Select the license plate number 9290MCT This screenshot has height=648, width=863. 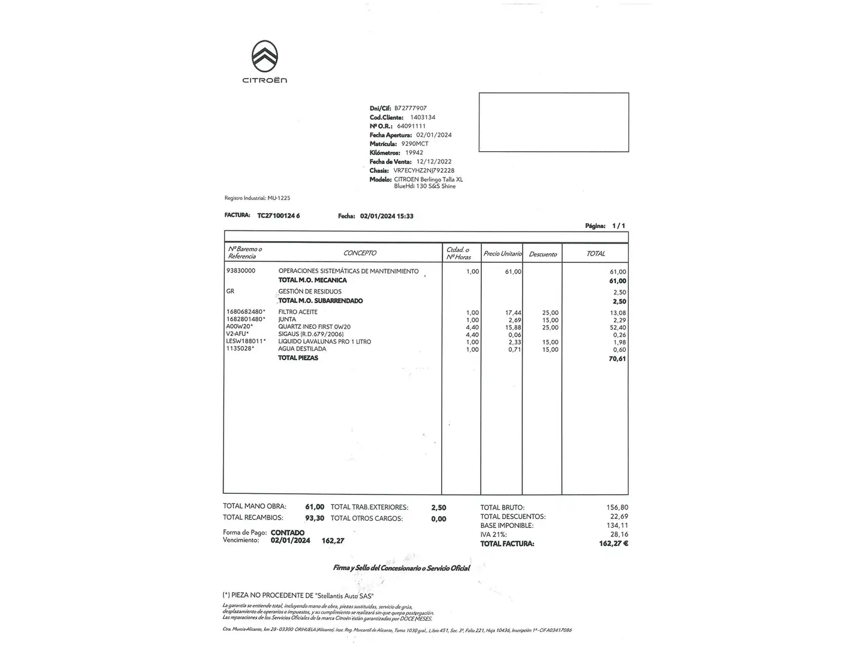tap(415, 144)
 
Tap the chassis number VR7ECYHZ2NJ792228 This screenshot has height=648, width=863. tap(424, 170)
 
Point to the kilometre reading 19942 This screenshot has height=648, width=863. tap(414, 152)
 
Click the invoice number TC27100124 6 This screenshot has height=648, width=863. tap(278, 215)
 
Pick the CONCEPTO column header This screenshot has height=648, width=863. tap(360, 253)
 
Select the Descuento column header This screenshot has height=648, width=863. tap(543, 254)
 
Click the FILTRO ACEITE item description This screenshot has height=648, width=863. tap(298, 312)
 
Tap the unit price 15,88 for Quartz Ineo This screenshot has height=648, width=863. tap(513, 328)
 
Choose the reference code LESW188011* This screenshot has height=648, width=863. tap(246, 341)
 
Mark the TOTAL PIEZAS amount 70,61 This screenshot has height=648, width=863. tap(617, 359)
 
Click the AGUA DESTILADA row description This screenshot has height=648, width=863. tap(302, 349)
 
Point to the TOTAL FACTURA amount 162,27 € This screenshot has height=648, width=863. tap(612, 544)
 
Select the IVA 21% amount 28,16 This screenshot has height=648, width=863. tap(618, 534)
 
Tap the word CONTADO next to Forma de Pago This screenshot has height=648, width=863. tap(288, 532)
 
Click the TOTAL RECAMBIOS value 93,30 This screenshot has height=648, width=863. tap(315, 518)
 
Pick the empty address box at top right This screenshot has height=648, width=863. tap(553, 122)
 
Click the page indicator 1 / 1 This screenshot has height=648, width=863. tap(618, 226)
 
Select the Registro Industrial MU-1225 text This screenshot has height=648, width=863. tap(257, 198)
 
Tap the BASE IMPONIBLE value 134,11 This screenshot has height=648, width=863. tap(617, 525)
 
